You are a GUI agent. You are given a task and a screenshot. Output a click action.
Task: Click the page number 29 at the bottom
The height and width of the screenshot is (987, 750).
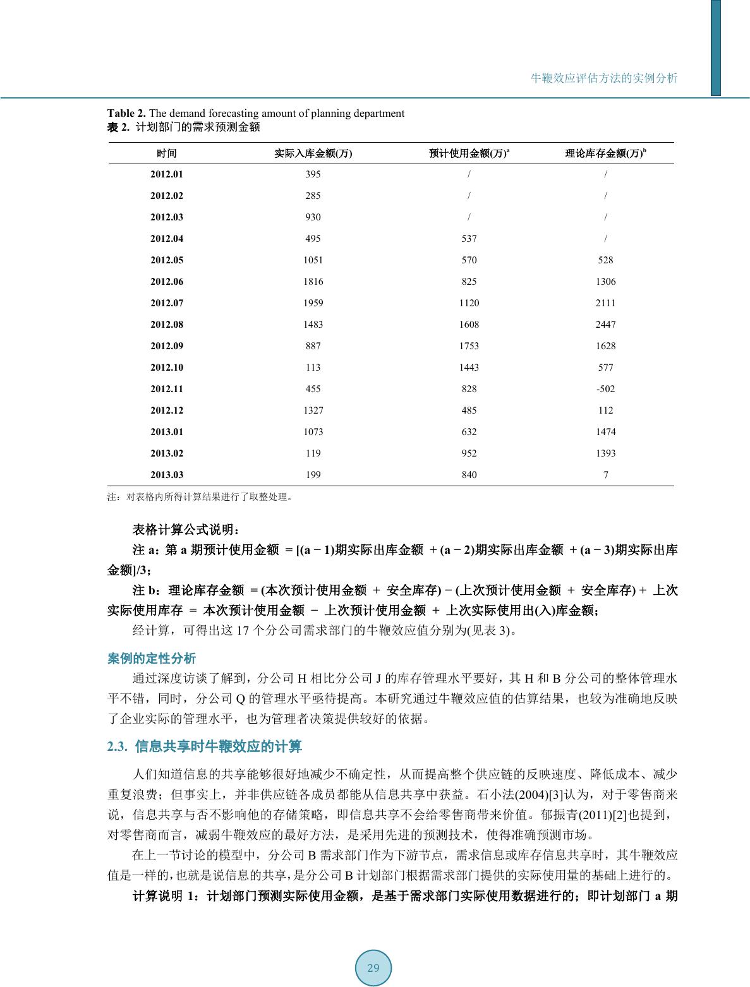click(x=373, y=968)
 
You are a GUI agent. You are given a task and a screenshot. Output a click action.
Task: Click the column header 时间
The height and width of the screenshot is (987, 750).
click(x=167, y=153)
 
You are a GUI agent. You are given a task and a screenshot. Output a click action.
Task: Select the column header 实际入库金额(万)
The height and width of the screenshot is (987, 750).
click(x=313, y=153)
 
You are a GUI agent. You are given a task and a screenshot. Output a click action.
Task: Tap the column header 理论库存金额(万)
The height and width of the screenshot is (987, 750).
click(x=603, y=153)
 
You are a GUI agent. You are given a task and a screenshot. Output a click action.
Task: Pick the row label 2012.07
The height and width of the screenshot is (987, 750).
click(x=167, y=303)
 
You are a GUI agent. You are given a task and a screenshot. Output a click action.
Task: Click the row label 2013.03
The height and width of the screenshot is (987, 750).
click(x=167, y=475)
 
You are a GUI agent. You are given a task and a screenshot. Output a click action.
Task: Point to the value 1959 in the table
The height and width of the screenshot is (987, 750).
click(x=313, y=303)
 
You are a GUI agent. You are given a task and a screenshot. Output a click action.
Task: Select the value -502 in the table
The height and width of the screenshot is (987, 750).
click(x=605, y=389)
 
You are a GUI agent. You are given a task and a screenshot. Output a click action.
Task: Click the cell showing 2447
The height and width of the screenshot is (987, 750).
click(x=605, y=325)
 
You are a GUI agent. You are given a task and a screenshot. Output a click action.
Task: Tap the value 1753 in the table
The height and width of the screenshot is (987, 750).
click(x=469, y=346)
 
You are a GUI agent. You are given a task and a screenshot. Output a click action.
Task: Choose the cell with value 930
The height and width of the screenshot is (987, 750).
click(x=313, y=217)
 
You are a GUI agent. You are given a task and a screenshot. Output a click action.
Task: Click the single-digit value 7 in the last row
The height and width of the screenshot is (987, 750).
click(x=606, y=475)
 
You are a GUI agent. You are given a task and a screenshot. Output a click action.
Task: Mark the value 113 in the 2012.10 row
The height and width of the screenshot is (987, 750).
click(x=313, y=368)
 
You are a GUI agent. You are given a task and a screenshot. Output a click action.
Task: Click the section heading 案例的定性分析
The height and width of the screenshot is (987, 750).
click(x=152, y=659)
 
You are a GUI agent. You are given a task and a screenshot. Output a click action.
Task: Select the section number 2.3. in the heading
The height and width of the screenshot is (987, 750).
click(x=118, y=747)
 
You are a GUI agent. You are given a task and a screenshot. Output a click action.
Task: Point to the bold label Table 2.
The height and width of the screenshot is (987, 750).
click(x=126, y=114)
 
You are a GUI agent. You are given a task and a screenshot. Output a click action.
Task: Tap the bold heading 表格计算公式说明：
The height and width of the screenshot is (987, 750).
click(x=186, y=529)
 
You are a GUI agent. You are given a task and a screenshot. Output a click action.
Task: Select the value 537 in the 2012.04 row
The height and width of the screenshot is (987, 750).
click(x=469, y=239)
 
